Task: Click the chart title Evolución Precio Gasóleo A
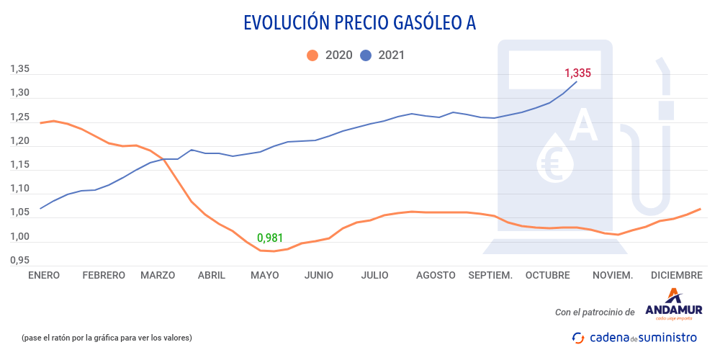(x=359, y=23)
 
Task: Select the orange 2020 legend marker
(x=312, y=55)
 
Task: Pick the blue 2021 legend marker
(x=366, y=55)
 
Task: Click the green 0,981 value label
(x=270, y=238)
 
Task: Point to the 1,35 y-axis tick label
(x=19, y=69)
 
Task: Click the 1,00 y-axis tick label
(x=19, y=237)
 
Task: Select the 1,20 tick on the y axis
(x=19, y=141)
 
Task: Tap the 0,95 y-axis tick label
(x=19, y=260)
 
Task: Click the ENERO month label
(x=44, y=275)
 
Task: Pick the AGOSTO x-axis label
(x=435, y=275)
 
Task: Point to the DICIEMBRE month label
(x=676, y=275)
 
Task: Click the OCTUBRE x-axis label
(x=547, y=275)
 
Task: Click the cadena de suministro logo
(x=634, y=337)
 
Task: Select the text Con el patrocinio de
(x=595, y=312)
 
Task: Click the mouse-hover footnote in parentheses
(x=107, y=338)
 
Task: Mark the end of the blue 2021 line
(x=577, y=81)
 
